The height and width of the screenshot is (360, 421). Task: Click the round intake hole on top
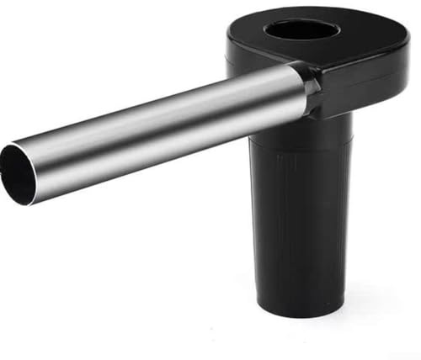point(302,30)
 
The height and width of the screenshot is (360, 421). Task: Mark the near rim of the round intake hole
point(302,40)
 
